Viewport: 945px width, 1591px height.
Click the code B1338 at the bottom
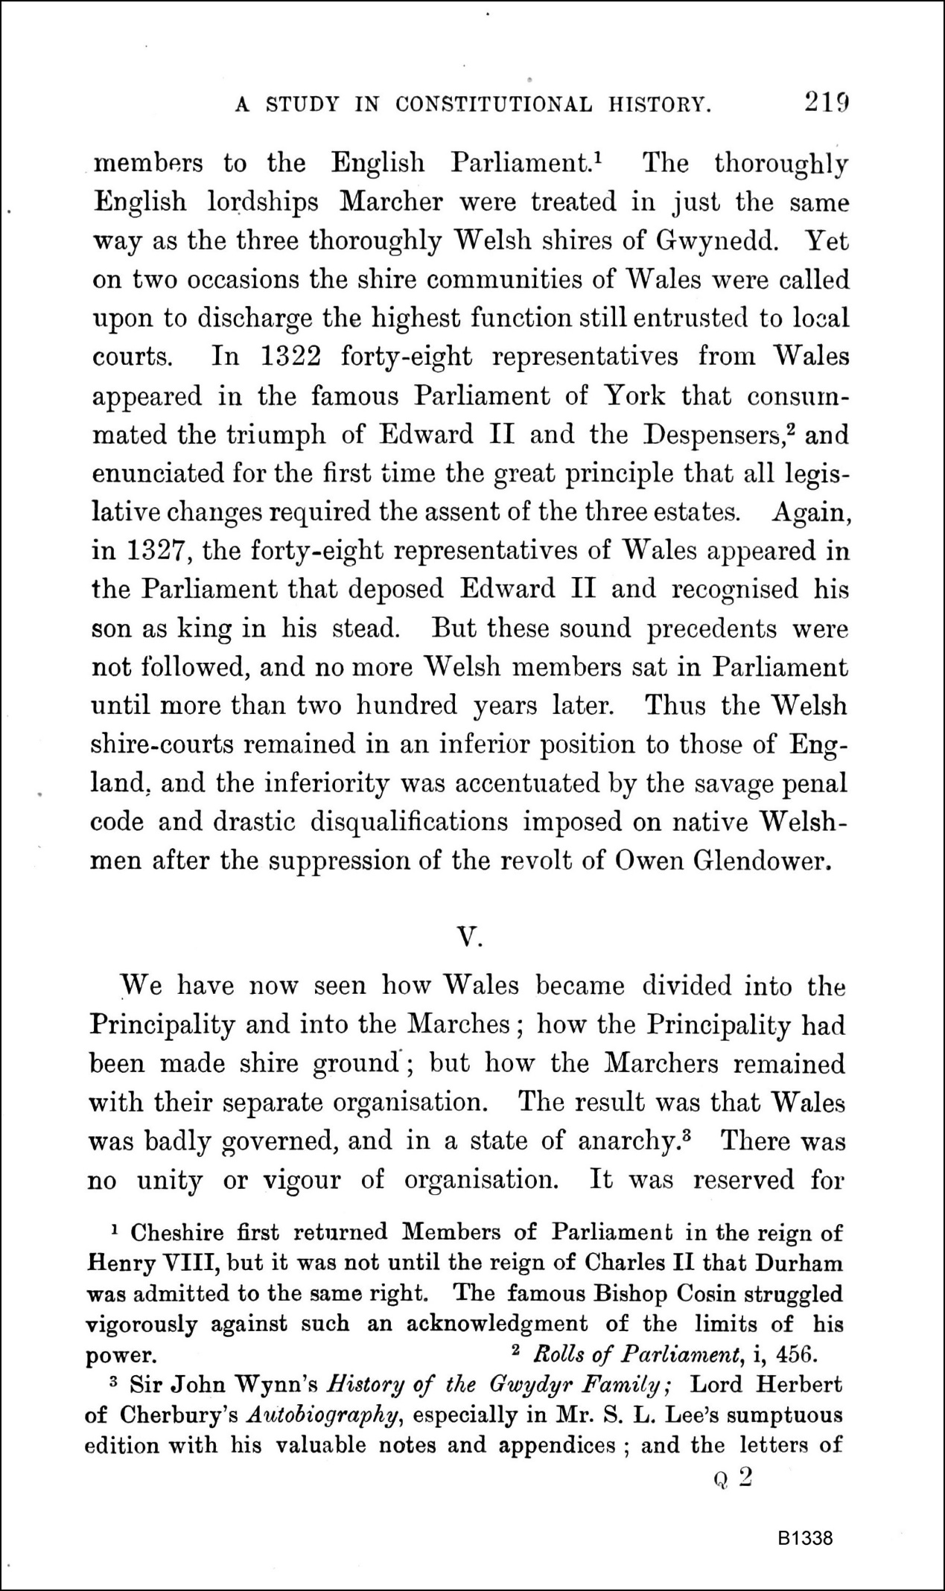(806, 1540)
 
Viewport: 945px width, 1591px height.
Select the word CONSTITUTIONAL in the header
(494, 105)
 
